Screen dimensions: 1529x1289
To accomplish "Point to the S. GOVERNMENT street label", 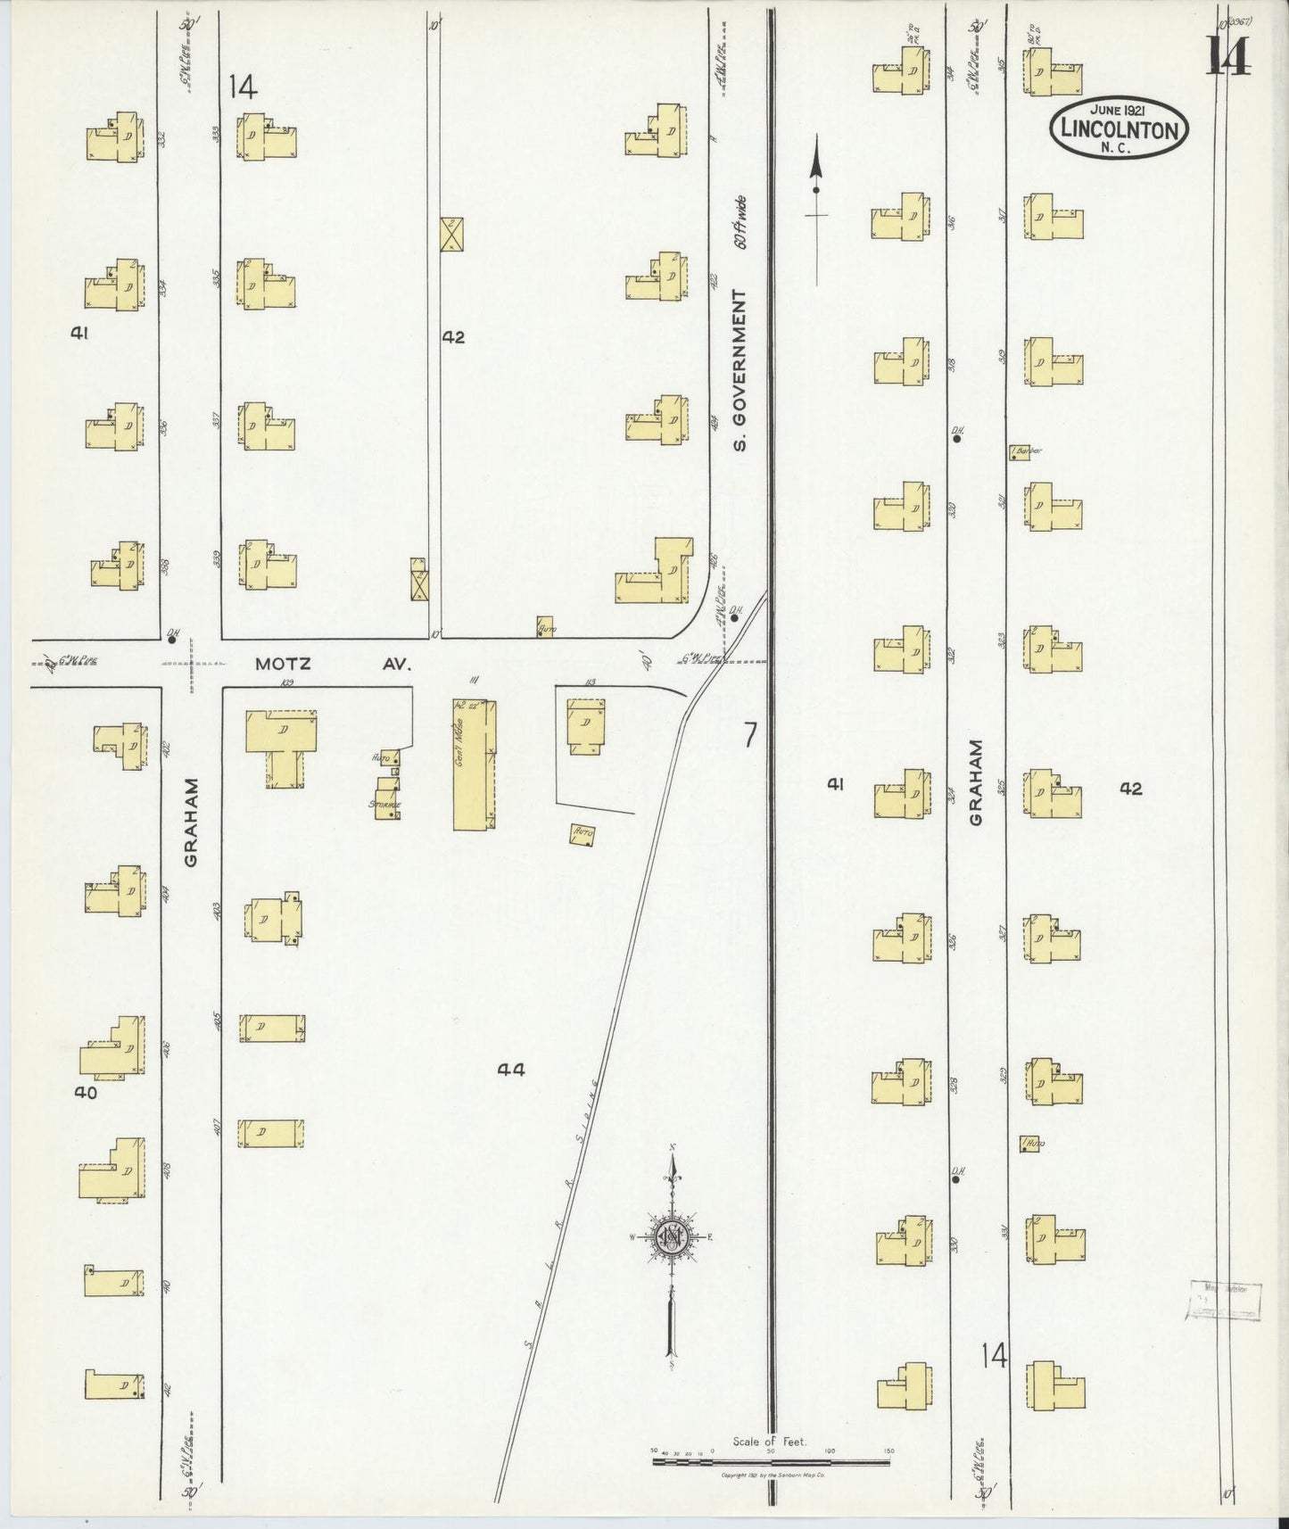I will tap(740, 370).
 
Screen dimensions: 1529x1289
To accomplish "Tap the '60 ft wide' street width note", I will tap(740, 224).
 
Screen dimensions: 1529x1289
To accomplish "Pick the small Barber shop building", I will tap(1017, 452).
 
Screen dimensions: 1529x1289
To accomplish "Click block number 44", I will tap(511, 1070).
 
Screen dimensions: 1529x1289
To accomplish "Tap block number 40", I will tap(86, 1092).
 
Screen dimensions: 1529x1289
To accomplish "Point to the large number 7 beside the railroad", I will tap(750, 735).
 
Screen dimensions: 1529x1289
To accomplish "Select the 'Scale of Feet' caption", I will tap(769, 1442).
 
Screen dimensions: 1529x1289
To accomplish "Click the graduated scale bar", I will tap(773, 1461).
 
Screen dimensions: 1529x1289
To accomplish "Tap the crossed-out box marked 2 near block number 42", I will tap(451, 234).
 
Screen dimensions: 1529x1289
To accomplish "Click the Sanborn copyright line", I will tap(773, 1476).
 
